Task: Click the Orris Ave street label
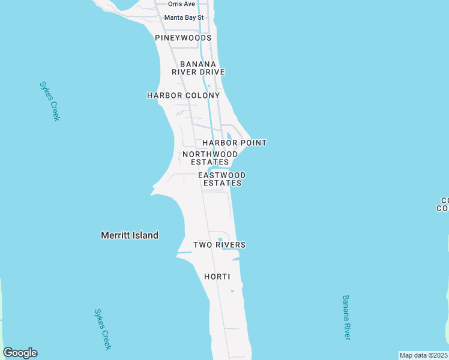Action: click(181, 4)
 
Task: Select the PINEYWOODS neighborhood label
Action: click(183, 38)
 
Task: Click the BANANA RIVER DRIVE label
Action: click(198, 68)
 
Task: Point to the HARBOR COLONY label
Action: click(184, 95)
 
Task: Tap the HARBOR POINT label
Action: click(234, 143)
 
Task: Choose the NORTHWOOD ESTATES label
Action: click(210, 158)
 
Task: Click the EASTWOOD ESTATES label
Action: click(222, 179)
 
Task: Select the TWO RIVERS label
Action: click(219, 245)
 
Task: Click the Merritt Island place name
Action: click(130, 235)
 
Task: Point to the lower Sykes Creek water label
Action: click(103, 329)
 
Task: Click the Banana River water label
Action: click(346, 317)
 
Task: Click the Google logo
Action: click(20, 353)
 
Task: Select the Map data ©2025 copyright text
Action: click(424, 355)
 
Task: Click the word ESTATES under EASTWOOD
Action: click(222, 183)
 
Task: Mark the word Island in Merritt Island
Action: click(145, 235)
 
